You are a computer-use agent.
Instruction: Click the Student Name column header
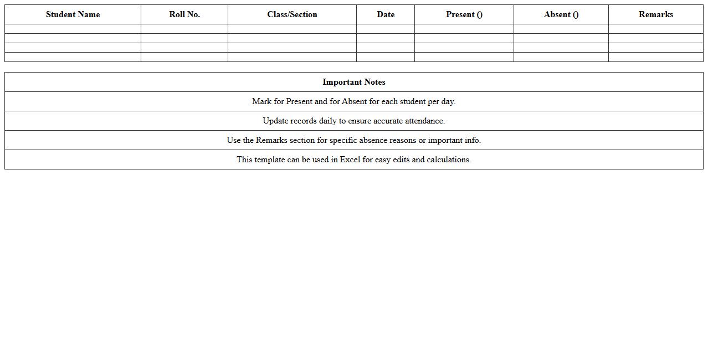point(73,14)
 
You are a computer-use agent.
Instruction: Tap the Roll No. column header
point(184,14)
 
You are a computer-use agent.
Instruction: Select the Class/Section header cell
point(292,14)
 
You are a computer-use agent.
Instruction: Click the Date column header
point(386,14)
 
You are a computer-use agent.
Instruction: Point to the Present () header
point(464,14)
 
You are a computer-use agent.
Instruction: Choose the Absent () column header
point(561,14)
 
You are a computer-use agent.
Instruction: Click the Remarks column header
point(656,14)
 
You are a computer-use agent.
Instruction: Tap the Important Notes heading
point(354,82)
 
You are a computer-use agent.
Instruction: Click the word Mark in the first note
point(261,101)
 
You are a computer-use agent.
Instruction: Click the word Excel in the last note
point(350,160)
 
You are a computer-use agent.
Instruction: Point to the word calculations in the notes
point(449,160)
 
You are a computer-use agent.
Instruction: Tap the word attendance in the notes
point(425,121)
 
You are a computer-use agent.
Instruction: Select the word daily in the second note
point(327,121)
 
